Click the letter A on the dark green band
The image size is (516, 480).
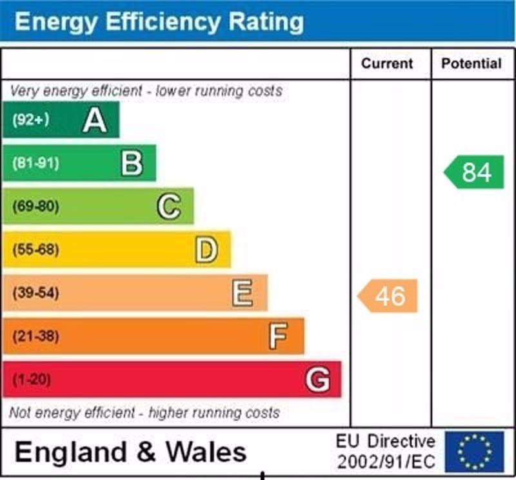(x=94, y=120)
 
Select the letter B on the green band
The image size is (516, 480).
(x=132, y=163)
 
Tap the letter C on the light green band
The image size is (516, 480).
(x=168, y=206)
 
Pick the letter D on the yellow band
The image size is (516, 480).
(x=206, y=250)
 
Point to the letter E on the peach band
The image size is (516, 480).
(x=243, y=293)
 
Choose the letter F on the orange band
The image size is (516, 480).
(x=278, y=336)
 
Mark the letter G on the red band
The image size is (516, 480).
(x=317, y=379)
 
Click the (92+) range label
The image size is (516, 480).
(x=30, y=120)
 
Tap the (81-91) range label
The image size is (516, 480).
(x=35, y=163)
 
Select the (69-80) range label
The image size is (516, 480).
(x=35, y=206)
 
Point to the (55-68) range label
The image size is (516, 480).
(x=35, y=250)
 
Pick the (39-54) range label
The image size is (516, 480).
(x=35, y=293)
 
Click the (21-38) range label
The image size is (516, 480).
(x=35, y=336)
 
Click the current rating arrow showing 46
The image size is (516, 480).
(x=388, y=296)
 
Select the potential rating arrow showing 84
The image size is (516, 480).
(x=475, y=172)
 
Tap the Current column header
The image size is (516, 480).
(x=387, y=64)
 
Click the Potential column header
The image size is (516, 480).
(x=471, y=64)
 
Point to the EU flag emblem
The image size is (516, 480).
(x=474, y=451)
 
